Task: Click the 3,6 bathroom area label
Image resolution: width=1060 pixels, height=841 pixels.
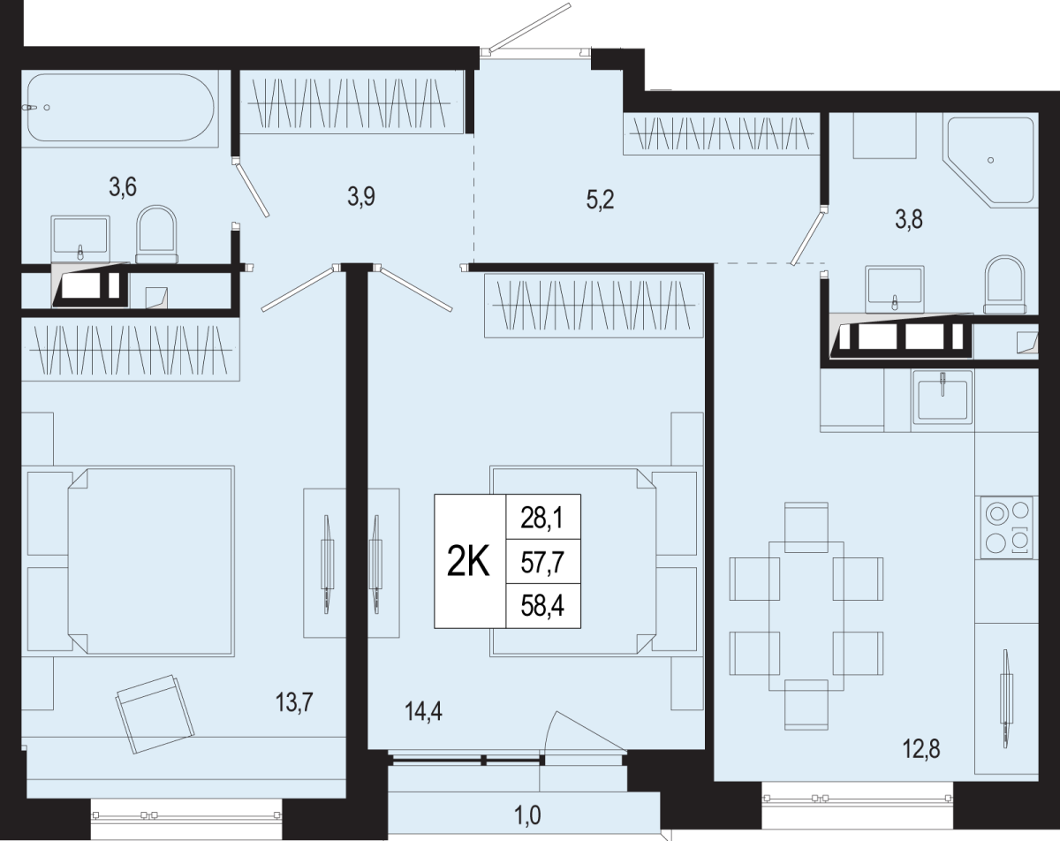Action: tap(123, 187)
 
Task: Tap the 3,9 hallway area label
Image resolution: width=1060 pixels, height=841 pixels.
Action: tap(361, 197)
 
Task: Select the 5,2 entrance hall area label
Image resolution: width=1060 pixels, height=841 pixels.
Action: tap(600, 201)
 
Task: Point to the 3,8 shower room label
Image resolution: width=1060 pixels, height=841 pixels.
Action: tap(909, 220)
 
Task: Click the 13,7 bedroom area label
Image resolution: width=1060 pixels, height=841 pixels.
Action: tap(294, 702)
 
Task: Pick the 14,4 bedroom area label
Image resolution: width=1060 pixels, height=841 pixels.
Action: tap(423, 712)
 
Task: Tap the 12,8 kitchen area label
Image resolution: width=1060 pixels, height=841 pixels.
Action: tap(921, 750)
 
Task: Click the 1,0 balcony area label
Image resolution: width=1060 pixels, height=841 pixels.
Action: tap(528, 815)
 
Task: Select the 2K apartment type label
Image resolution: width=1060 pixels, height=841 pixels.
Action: tap(468, 562)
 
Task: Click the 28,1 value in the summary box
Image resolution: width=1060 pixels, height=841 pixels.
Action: tap(542, 519)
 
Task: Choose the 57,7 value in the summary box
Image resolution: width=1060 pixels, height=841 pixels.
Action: tap(542, 563)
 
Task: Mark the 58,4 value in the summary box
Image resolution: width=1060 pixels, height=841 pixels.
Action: tap(542, 606)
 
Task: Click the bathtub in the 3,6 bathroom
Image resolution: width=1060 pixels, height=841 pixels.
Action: tap(121, 108)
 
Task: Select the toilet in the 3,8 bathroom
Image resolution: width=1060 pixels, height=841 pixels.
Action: tap(1005, 284)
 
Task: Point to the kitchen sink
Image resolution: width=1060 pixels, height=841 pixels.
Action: tap(943, 398)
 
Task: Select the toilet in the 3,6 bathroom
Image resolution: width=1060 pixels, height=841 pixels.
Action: tap(156, 234)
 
